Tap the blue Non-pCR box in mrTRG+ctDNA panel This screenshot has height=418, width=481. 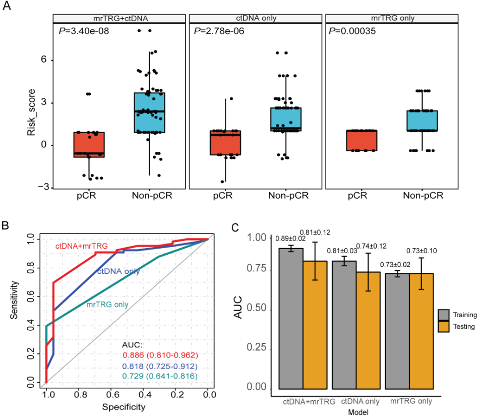pos(149,112)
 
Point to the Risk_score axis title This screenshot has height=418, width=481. pos(33,111)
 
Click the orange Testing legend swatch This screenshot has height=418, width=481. pos(444,326)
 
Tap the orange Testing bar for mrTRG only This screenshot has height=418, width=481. pos(421,333)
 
